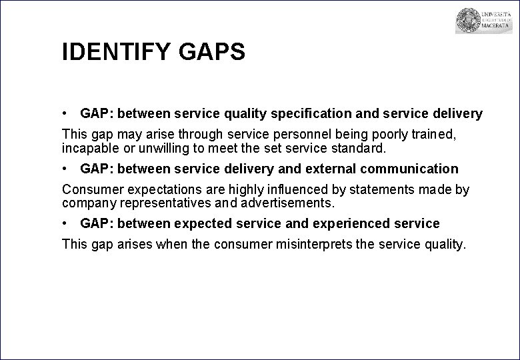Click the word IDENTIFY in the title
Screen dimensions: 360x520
(117, 51)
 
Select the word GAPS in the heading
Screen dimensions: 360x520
(212, 51)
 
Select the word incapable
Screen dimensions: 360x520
(88, 147)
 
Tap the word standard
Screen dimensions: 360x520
(352, 147)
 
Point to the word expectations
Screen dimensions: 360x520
(156, 190)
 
